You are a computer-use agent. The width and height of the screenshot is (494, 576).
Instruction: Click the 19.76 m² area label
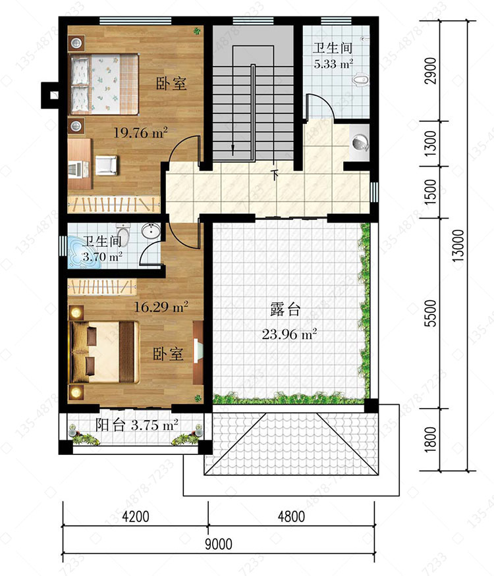(x=140, y=132)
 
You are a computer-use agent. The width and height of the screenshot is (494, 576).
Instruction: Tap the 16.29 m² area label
(x=161, y=306)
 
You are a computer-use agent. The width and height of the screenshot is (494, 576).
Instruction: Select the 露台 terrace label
(x=285, y=309)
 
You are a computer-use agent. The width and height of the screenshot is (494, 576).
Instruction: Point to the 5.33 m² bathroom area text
(x=333, y=64)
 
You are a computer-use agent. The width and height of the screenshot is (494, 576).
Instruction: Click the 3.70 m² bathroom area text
(x=102, y=257)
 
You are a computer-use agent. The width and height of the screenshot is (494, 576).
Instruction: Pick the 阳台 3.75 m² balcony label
(x=137, y=425)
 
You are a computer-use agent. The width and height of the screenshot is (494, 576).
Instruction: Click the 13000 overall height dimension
(x=458, y=246)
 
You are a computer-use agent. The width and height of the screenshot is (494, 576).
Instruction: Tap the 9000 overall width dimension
(x=219, y=544)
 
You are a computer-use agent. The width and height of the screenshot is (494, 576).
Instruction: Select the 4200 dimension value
(x=136, y=517)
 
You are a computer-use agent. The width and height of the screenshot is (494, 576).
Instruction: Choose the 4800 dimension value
(x=291, y=517)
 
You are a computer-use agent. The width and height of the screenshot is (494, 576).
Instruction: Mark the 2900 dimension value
(x=430, y=70)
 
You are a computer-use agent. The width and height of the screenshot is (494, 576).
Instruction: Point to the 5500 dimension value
(x=430, y=313)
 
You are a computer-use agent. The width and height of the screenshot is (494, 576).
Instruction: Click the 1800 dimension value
(x=430, y=439)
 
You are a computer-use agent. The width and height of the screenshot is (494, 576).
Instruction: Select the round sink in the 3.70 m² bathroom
(x=151, y=232)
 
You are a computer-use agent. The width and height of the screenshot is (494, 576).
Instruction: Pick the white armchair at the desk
(x=107, y=165)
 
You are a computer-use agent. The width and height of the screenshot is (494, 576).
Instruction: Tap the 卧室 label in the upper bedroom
(x=171, y=84)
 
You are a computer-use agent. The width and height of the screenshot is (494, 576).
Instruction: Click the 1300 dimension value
(x=430, y=144)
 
